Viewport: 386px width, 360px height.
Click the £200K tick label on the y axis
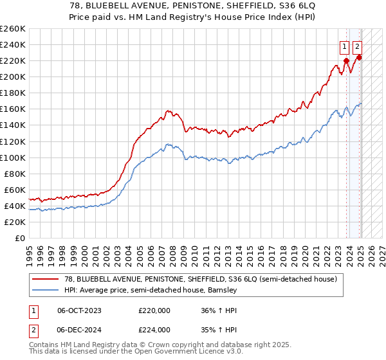coord(13,77)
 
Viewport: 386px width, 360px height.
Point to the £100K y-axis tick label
coord(13,157)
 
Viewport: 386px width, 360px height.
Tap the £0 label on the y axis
coord(21,238)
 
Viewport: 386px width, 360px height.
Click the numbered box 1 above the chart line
coord(344,46)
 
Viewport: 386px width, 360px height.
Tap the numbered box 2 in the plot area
coord(357,46)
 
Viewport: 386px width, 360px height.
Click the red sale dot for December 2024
coord(359,57)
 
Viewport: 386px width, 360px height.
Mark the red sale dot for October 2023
coord(346,60)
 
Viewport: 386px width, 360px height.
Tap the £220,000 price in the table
coord(154,310)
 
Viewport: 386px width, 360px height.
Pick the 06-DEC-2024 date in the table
coord(79,329)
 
